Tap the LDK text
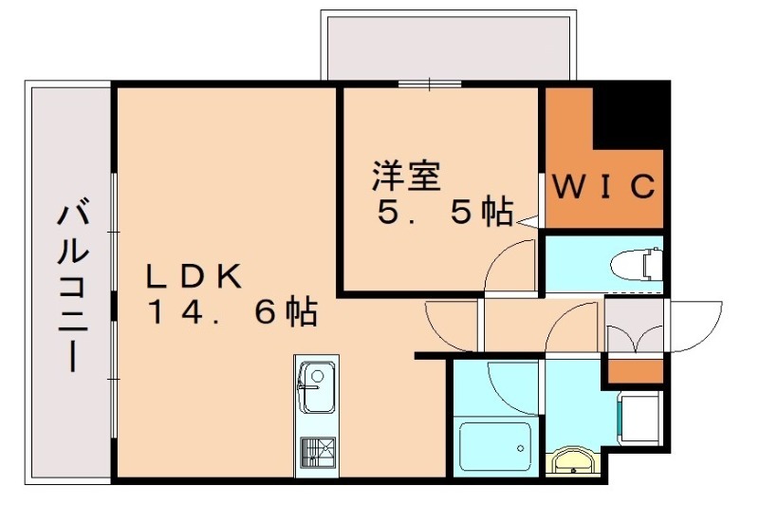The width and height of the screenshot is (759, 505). [x=194, y=275]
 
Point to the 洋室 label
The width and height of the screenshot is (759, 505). [x=406, y=176]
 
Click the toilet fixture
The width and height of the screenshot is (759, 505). [x=637, y=263]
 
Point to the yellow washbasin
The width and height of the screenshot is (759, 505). [x=572, y=463]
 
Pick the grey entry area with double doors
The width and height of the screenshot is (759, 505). [x=636, y=327]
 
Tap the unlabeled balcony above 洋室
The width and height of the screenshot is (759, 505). [x=448, y=47]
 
